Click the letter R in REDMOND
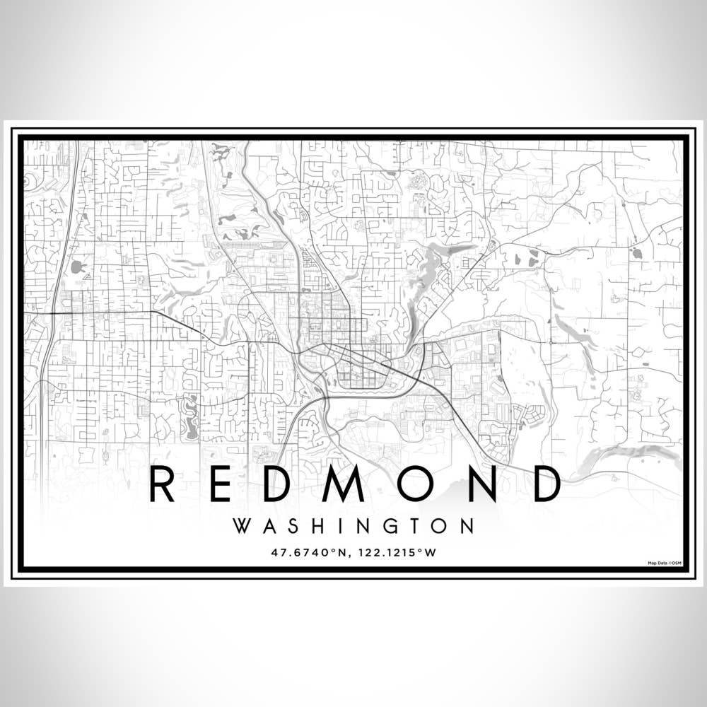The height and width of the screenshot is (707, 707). point(162,484)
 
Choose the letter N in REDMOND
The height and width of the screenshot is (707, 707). point(481,484)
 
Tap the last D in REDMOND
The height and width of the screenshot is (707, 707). point(544,484)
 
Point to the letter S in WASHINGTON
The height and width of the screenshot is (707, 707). point(289,527)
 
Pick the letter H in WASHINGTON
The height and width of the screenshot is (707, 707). point(312,527)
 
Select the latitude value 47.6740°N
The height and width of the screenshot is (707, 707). point(306,552)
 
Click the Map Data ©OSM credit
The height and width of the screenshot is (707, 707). point(664,563)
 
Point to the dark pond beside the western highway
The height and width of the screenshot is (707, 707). point(77,268)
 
